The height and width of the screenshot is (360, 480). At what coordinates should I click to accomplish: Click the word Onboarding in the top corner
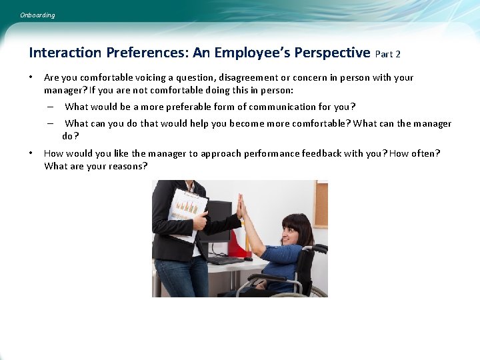coord(38,15)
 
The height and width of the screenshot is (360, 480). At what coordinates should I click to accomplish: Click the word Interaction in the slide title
coord(64,53)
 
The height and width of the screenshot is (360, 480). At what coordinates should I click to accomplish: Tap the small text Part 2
coord(388,54)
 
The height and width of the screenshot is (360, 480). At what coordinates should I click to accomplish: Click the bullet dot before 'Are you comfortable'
coord(31,77)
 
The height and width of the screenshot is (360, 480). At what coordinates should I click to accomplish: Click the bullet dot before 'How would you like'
coord(31,153)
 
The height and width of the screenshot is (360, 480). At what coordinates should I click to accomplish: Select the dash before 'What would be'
coord(51,107)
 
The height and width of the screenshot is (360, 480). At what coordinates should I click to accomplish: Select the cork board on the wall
coord(321,203)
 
